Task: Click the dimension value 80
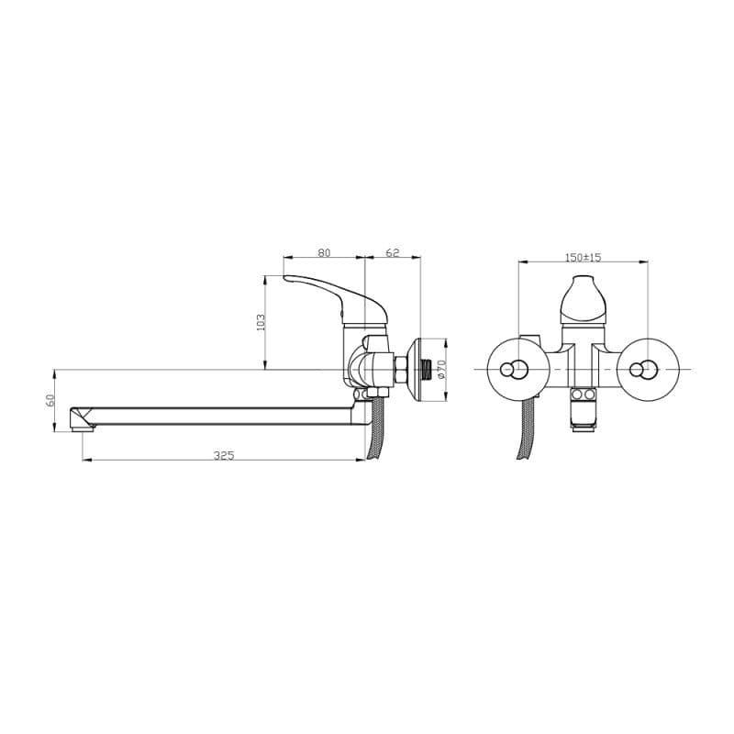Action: point(324,253)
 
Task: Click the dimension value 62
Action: point(393,253)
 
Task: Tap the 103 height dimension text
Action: point(261,322)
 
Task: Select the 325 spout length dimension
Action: point(224,455)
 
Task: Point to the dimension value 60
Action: point(50,400)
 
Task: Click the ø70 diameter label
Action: point(442,370)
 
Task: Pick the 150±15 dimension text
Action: point(583,257)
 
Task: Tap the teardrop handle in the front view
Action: point(583,300)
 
